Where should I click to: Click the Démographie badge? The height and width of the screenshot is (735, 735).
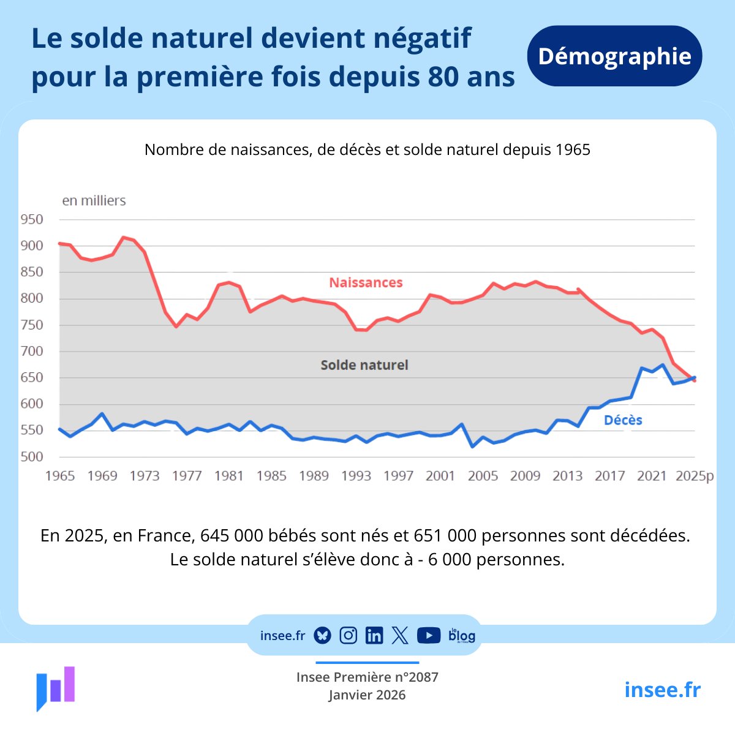click(x=614, y=56)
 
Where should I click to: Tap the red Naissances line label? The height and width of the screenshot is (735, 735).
click(x=366, y=282)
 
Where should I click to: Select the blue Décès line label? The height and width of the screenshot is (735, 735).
click(x=623, y=420)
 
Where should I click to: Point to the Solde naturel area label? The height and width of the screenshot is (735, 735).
click(x=364, y=365)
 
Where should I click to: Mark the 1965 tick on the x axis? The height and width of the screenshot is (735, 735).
click(x=60, y=476)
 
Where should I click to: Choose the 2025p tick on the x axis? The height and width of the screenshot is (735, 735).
click(x=695, y=476)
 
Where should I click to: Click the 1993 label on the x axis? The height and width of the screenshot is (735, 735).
click(x=356, y=476)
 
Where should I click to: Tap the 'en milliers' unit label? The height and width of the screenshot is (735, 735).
click(x=94, y=200)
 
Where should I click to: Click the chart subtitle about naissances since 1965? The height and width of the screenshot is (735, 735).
click(x=367, y=150)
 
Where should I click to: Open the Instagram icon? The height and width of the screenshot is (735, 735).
click(x=348, y=636)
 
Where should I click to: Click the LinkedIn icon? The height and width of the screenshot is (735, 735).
click(x=374, y=636)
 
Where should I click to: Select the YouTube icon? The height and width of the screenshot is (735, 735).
click(x=429, y=636)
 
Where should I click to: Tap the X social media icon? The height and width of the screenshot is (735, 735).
click(x=400, y=636)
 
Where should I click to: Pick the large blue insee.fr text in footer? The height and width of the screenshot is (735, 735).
click(x=662, y=690)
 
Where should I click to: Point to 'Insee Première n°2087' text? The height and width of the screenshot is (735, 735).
click(x=367, y=677)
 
